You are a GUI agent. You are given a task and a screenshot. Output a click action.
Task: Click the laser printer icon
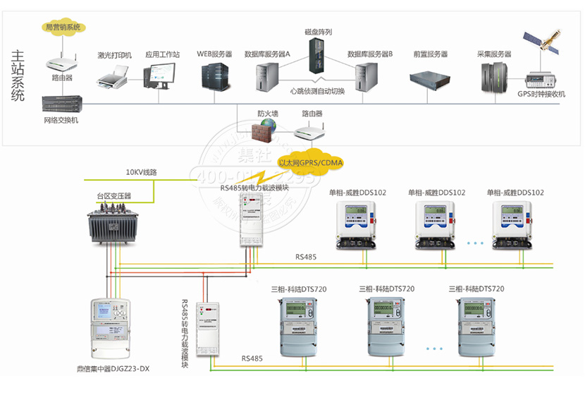tap(111, 76)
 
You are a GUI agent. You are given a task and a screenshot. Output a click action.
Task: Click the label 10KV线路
tap(141, 172)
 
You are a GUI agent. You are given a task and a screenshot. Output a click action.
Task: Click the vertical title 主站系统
tap(18, 75)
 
